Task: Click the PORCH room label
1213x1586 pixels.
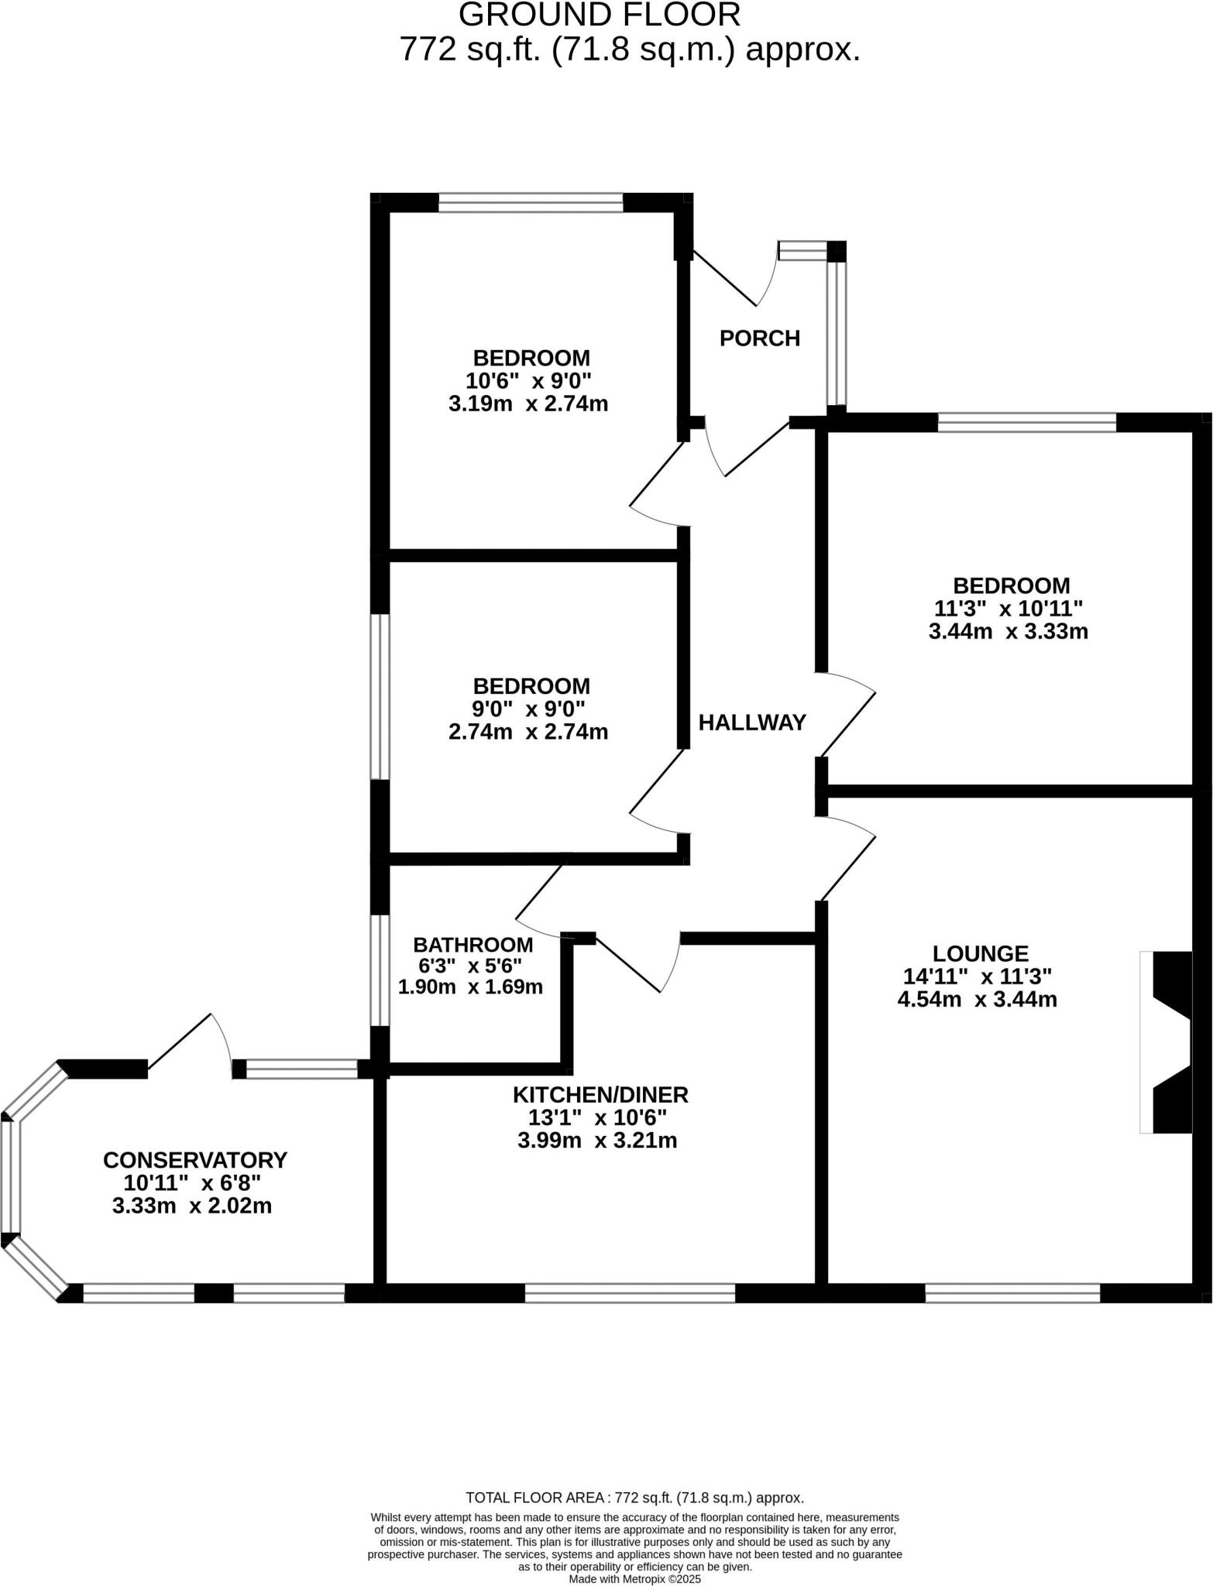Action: tap(759, 338)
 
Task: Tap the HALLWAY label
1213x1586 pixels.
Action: tap(752, 723)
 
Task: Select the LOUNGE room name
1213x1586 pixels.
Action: tap(980, 953)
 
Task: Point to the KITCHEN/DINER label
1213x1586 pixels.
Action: tap(600, 1094)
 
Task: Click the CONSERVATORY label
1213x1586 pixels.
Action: tap(195, 1160)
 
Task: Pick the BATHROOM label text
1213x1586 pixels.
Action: tap(472, 945)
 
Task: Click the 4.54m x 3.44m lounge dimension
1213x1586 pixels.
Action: tap(977, 999)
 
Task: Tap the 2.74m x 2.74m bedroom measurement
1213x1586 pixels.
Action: tap(528, 732)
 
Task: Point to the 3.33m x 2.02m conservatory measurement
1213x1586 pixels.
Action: tap(192, 1206)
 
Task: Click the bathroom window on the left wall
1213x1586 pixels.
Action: tap(380, 970)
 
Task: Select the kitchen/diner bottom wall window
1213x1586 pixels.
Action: tap(630, 1292)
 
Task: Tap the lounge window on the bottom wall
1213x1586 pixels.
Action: tap(1012, 1292)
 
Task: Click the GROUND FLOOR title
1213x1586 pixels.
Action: tap(600, 15)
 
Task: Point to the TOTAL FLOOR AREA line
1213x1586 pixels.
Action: tap(634, 1498)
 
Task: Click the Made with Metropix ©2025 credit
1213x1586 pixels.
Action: tap(634, 1578)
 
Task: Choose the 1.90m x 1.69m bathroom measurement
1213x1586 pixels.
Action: tap(470, 987)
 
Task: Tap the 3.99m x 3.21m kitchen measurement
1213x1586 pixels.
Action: tap(597, 1140)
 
